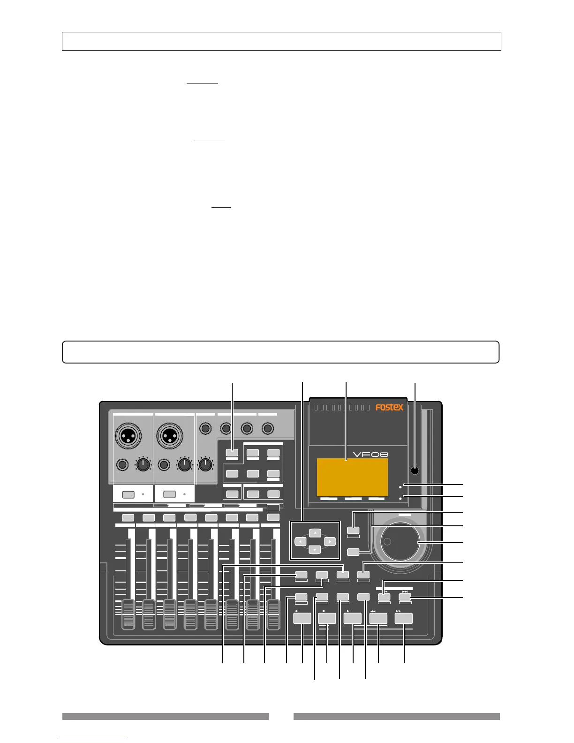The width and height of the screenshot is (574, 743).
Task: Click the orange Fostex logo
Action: coord(389,407)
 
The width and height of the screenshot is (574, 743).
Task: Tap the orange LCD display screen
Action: coord(352,478)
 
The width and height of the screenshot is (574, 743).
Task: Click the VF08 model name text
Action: coord(370,454)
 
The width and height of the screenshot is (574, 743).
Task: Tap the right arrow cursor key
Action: coord(330,541)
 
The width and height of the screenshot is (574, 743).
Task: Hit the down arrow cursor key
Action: coord(316,550)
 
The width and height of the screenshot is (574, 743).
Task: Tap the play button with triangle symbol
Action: coord(352,618)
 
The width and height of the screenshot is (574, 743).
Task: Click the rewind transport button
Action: coord(378,618)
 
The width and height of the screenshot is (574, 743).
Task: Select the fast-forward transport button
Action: coord(404,618)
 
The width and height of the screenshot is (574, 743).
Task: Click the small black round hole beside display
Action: coord(414,470)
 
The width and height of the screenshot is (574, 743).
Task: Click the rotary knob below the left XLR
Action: coord(143,464)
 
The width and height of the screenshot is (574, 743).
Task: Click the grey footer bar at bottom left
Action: coord(165,716)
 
